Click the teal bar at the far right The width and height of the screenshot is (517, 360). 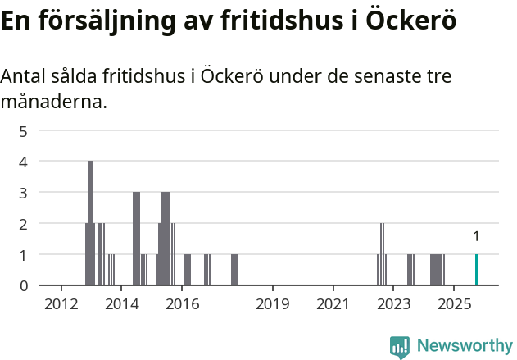pos(476,270)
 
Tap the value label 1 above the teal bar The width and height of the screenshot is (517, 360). pos(476,237)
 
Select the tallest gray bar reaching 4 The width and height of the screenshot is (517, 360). pos(90,223)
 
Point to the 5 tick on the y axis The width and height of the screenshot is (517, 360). pos(24,131)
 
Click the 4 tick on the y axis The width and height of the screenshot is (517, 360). pos(24,162)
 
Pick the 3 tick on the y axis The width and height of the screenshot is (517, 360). pos(24,193)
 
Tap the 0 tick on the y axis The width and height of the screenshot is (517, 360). pos(24,285)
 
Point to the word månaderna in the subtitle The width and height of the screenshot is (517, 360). pos(53,103)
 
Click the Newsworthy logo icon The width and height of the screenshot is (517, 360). pos(400,346)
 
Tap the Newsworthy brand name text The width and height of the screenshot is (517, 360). pos(465,346)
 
